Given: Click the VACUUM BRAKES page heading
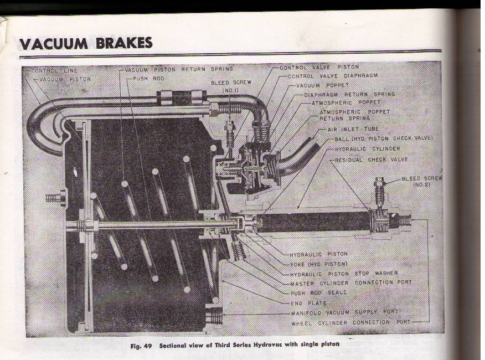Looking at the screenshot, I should [86, 43].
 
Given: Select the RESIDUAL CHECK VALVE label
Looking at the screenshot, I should [372, 160].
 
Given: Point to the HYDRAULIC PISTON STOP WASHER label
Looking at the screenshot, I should [344, 273].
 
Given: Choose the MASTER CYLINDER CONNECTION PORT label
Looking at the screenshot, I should [349, 282].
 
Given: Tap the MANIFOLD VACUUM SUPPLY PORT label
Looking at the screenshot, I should [344, 312].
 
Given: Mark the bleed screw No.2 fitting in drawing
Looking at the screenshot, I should [379, 191].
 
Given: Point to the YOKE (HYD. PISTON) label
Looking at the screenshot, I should [319, 264].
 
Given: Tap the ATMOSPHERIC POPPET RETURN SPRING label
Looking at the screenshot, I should [354, 115].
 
